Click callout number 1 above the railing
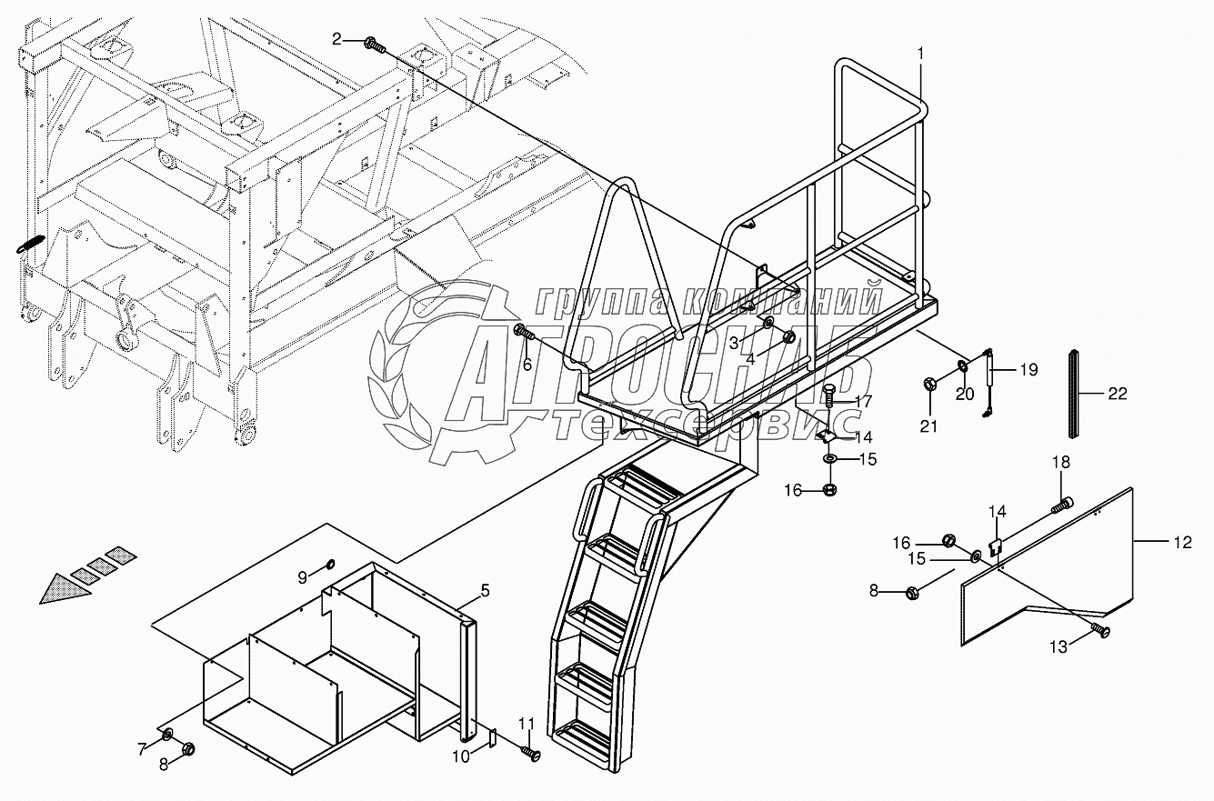coord(920,54)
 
